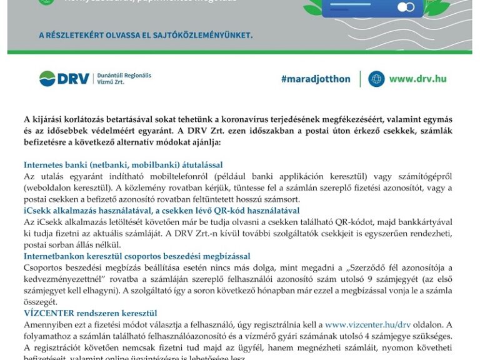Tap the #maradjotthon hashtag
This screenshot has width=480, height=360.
[314, 79]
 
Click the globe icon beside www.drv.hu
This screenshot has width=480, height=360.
[376, 79]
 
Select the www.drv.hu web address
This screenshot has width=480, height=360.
[417, 79]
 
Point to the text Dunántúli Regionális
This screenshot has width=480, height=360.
[124, 75]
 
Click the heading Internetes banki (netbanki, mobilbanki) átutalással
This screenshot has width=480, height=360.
[123, 165]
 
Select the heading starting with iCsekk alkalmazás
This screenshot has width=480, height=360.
[161, 211]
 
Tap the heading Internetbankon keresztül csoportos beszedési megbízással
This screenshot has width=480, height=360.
[137, 256]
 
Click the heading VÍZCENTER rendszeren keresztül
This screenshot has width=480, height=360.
[90, 313]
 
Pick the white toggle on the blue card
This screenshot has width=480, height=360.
[406, 7]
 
